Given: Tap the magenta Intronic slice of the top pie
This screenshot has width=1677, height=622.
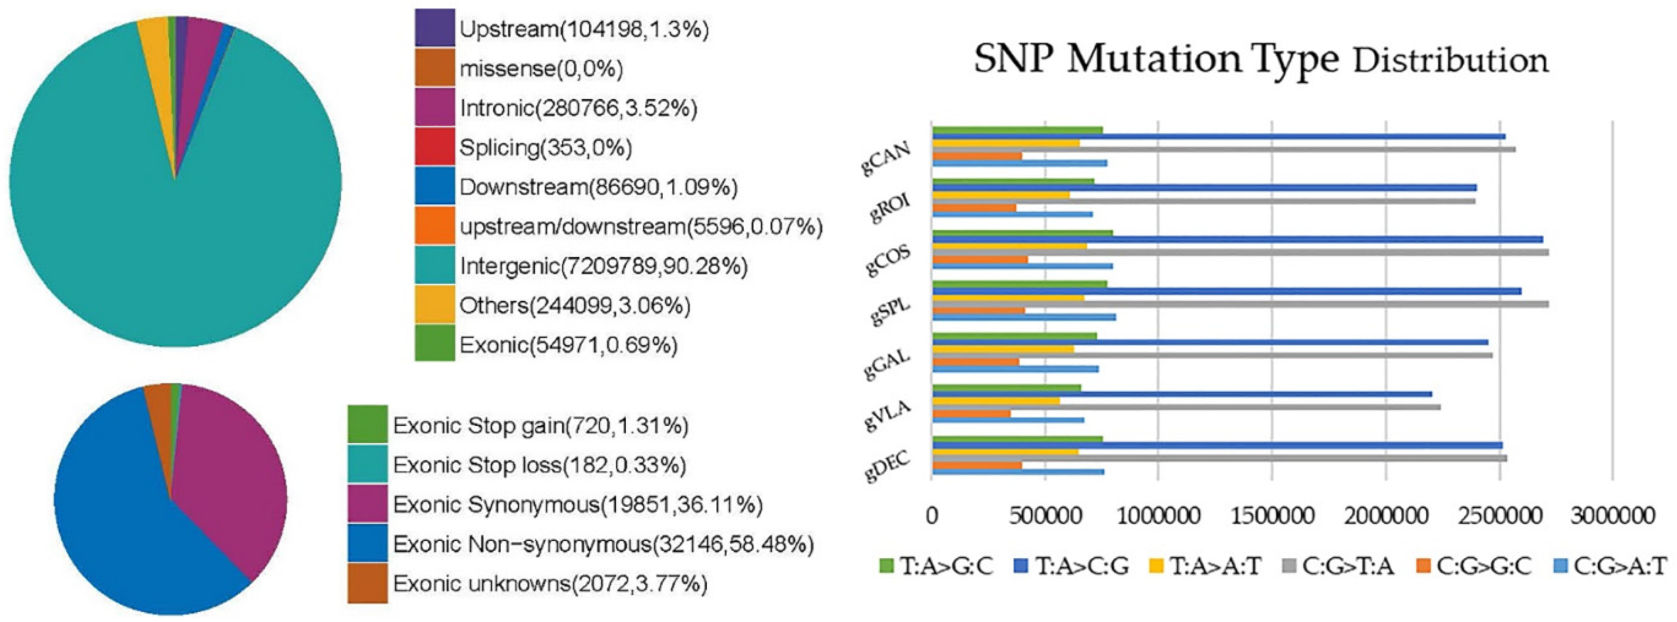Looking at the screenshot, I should pyautogui.click(x=202, y=52).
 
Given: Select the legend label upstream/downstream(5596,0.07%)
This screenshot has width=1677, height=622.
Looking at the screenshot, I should pyautogui.click(x=641, y=227).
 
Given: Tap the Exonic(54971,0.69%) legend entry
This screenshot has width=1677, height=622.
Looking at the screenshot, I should pyautogui.click(x=568, y=344).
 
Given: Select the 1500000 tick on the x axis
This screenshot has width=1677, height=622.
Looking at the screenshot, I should pyautogui.click(x=1272, y=516).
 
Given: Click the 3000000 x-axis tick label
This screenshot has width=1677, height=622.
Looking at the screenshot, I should pyautogui.click(x=1612, y=516).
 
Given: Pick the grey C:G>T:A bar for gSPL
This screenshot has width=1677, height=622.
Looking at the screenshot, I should pyautogui.click(x=1237, y=304).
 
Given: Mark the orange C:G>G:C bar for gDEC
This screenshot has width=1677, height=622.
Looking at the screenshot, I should pyautogui.click(x=977, y=465).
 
